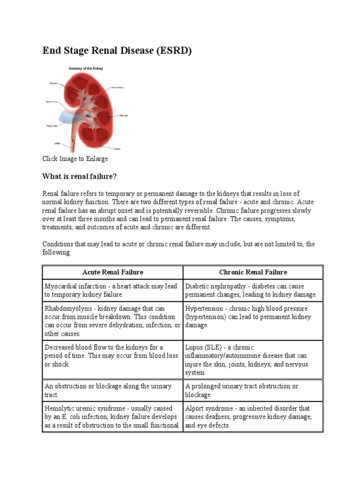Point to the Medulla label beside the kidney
pyautogui.click(x=123, y=115)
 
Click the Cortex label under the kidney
pyautogui.click(x=117, y=149)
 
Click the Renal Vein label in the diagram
pyautogui.click(x=51, y=126)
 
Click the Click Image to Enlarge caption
pyautogui.click(x=75, y=159)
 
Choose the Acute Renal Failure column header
pyautogui.click(x=112, y=272)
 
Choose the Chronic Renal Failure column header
pyautogui.click(x=253, y=272)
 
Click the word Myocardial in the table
pyautogui.click(x=60, y=286)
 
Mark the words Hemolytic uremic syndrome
pyautogui.click(x=85, y=408)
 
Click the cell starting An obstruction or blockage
pyautogui.click(x=108, y=390)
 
